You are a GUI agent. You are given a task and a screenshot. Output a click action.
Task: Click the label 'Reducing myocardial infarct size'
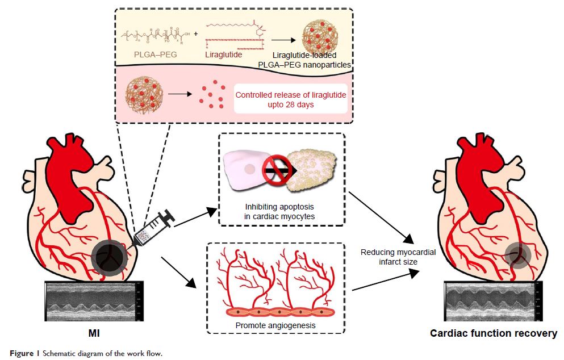pos(398,257)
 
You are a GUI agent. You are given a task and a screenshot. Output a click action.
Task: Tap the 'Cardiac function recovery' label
pos(493,333)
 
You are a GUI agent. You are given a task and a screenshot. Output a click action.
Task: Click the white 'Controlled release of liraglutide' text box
pos(291,99)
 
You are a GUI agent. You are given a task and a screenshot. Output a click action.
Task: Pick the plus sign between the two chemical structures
pos(195,34)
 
